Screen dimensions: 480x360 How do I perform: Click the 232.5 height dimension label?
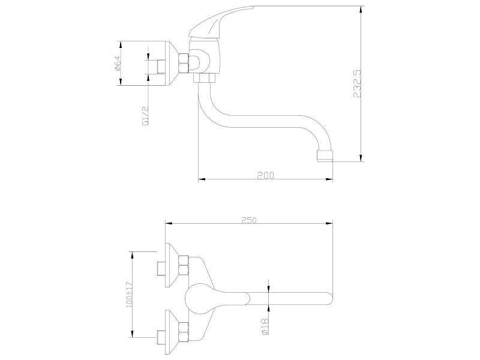pos(357,83)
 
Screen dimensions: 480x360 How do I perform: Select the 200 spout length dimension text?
pos(265,175)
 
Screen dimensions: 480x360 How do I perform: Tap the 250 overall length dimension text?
pos(249,220)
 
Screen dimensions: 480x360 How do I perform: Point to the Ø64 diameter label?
pos(118,64)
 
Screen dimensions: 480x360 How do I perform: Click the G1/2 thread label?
pos(145,116)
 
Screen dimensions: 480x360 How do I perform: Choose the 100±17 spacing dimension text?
pos(130,295)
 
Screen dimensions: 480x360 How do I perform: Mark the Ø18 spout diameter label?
pos(265,326)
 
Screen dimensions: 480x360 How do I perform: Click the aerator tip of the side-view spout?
pos(325,155)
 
